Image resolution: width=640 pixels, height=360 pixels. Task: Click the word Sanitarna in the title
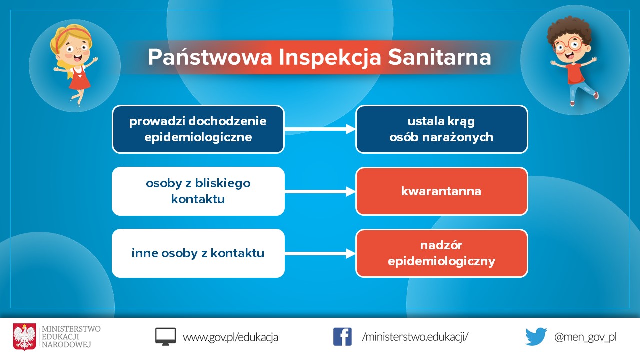pos(439,57)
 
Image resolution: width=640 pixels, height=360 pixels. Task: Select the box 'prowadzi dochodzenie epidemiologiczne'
pos(198,129)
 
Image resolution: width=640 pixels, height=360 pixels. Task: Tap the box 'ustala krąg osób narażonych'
pos(441,129)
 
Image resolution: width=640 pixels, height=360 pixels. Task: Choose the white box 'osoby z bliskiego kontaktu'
pos(198,191)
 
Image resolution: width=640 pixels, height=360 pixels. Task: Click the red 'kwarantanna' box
pos(441,191)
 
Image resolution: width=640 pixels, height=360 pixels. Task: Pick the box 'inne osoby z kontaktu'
pos(198,253)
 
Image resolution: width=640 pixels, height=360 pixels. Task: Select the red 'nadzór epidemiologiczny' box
pos(441,253)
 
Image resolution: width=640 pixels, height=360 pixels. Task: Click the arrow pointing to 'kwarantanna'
pos(320,191)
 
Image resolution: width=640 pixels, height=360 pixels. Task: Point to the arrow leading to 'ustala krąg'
pos(320,129)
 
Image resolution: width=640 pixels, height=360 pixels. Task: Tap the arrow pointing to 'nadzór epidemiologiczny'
pos(320,253)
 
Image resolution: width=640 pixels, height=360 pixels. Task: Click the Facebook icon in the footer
pos(342,337)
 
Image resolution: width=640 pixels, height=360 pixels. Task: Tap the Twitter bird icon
pos(536,337)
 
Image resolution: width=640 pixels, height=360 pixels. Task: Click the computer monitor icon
pos(165,337)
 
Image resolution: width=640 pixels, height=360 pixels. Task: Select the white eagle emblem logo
pos(24,337)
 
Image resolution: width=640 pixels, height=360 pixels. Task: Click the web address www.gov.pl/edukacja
pos(230,337)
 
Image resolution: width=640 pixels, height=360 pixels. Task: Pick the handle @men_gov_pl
pos(585,337)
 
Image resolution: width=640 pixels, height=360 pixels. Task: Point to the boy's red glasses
pos(568,45)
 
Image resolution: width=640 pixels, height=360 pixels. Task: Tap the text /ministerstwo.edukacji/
pos(415,337)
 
